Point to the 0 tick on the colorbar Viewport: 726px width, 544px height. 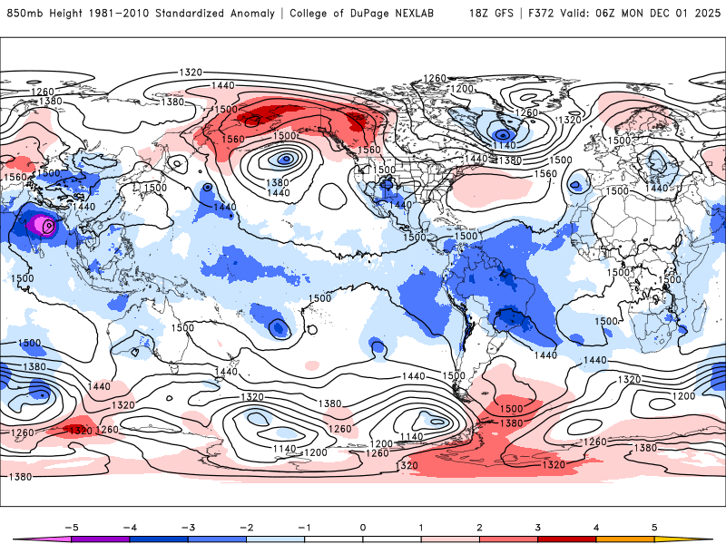tap(363, 527)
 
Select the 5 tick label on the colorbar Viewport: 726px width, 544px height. tap(654, 527)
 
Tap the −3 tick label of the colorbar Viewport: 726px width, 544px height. tap(187, 527)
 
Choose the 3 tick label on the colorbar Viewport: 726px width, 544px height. tap(537, 527)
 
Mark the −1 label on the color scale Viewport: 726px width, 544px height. tap(304, 527)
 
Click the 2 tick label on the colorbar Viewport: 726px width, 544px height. tap(479, 527)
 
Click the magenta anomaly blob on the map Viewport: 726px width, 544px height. tap(42, 225)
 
